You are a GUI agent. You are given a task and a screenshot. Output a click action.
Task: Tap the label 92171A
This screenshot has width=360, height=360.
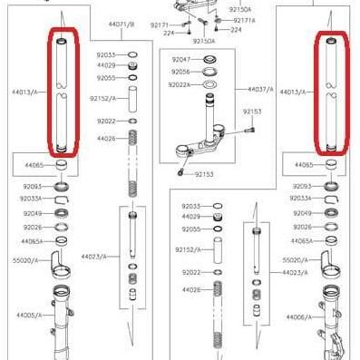pyautogui.click(x=244, y=19)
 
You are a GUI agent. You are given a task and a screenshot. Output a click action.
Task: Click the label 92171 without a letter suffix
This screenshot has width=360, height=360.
pyautogui.click(x=161, y=25)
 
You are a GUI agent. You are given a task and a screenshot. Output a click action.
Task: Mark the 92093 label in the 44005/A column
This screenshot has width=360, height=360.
pyautogui.click(x=29, y=186)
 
